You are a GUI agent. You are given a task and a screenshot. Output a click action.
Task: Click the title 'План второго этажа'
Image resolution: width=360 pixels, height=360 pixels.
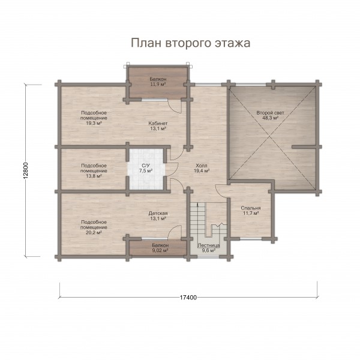coord(191,43)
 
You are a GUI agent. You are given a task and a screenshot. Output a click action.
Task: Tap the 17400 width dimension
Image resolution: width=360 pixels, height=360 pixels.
coord(188,298)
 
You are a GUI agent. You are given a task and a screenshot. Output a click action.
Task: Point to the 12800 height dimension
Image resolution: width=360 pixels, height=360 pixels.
coord(26,170)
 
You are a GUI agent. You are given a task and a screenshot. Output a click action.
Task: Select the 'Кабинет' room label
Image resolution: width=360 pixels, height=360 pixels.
coord(158,123)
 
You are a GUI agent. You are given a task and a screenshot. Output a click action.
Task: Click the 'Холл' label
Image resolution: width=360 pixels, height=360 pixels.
coord(202,166)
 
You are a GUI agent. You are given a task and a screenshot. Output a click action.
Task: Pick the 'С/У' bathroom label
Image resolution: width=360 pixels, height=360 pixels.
coord(146,166)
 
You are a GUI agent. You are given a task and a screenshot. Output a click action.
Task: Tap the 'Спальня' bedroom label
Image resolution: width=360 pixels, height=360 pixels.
coord(251,208)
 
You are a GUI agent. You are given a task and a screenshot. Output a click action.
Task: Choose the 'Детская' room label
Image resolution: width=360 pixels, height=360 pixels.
coord(158,213)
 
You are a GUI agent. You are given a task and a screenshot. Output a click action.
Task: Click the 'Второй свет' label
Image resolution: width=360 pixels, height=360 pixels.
coord(270,113)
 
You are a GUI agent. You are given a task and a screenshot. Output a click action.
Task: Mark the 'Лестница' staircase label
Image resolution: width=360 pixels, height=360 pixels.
coord(209,245)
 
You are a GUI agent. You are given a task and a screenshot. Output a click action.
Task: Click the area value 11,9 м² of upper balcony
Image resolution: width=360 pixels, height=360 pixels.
coord(158,84)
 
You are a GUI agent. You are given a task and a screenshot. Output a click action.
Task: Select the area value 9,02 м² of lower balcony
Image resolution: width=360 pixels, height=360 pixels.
coord(160,250)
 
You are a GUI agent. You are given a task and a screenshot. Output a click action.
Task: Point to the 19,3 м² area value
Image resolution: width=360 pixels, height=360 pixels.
coord(94,123)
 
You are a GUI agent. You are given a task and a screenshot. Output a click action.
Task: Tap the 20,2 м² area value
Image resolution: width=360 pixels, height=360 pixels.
coord(94,233)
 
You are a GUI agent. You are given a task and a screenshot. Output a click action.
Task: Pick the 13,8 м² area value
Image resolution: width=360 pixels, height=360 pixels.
coord(94,176)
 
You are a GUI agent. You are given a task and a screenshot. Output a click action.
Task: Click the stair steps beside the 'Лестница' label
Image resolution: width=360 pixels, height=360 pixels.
coord(198,220)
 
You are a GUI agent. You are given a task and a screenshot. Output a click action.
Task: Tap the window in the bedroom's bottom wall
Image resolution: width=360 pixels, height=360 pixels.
coord(251,239)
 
